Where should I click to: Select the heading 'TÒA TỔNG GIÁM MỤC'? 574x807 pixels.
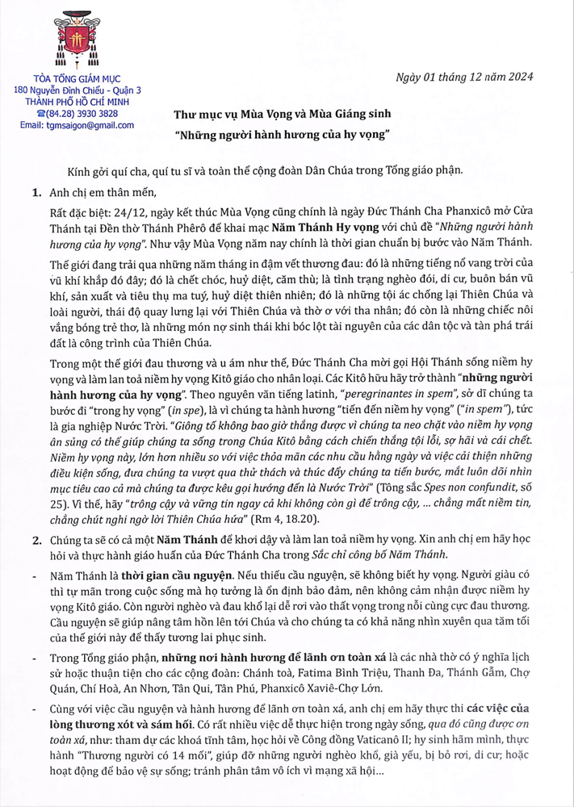click(x=72, y=79)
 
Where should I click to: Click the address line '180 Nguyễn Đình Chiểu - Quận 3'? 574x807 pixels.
click(x=72, y=90)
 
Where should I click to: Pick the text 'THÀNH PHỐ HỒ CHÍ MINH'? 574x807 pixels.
click(x=72, y=102)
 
